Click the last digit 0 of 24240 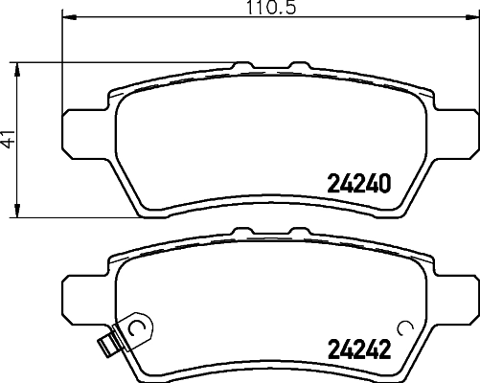point(386,182)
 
